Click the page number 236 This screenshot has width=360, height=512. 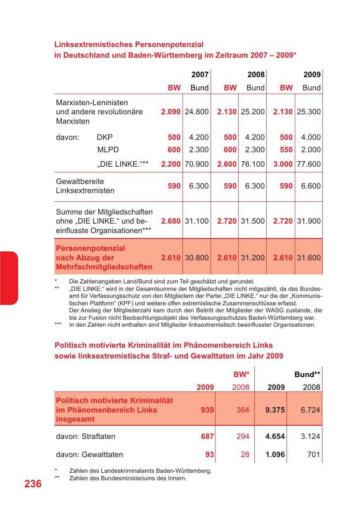pos(33,484)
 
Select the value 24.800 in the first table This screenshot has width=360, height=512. pos(197,112)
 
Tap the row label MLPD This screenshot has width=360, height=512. pos(105,150)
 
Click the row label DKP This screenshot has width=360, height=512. pos(105,137)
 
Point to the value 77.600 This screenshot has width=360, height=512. pos(309,164)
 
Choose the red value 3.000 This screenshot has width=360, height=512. pos(283,164)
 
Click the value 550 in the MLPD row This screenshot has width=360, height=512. pos(286,150)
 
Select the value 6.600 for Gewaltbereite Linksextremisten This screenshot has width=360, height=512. pos(311,186)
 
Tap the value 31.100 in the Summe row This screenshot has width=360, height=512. pos(197,221)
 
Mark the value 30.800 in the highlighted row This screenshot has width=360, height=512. pos(197,258)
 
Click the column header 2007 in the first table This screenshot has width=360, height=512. pos(200,75)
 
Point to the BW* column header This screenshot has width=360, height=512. pos(242,375)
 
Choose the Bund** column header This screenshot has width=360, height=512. pos(308,375)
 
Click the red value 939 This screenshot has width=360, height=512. pos(207,410)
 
